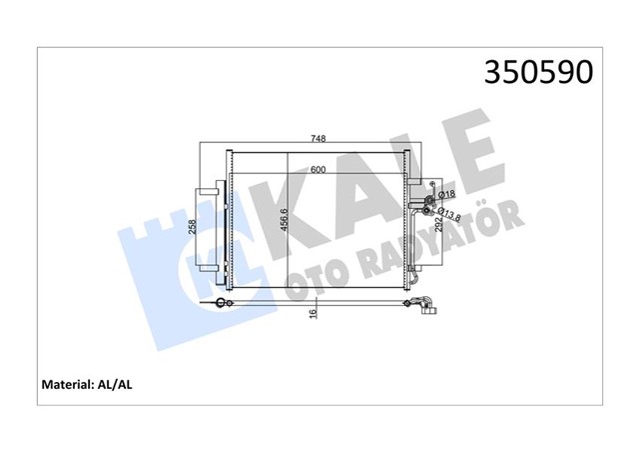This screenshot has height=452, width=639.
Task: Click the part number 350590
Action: [538, 72]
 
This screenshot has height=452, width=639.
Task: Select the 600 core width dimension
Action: [318, 170]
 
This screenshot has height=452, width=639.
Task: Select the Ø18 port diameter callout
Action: [447, 193]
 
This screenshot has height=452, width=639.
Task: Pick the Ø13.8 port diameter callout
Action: [448, 213]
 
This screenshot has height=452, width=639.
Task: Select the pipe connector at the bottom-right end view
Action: [426, 306]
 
